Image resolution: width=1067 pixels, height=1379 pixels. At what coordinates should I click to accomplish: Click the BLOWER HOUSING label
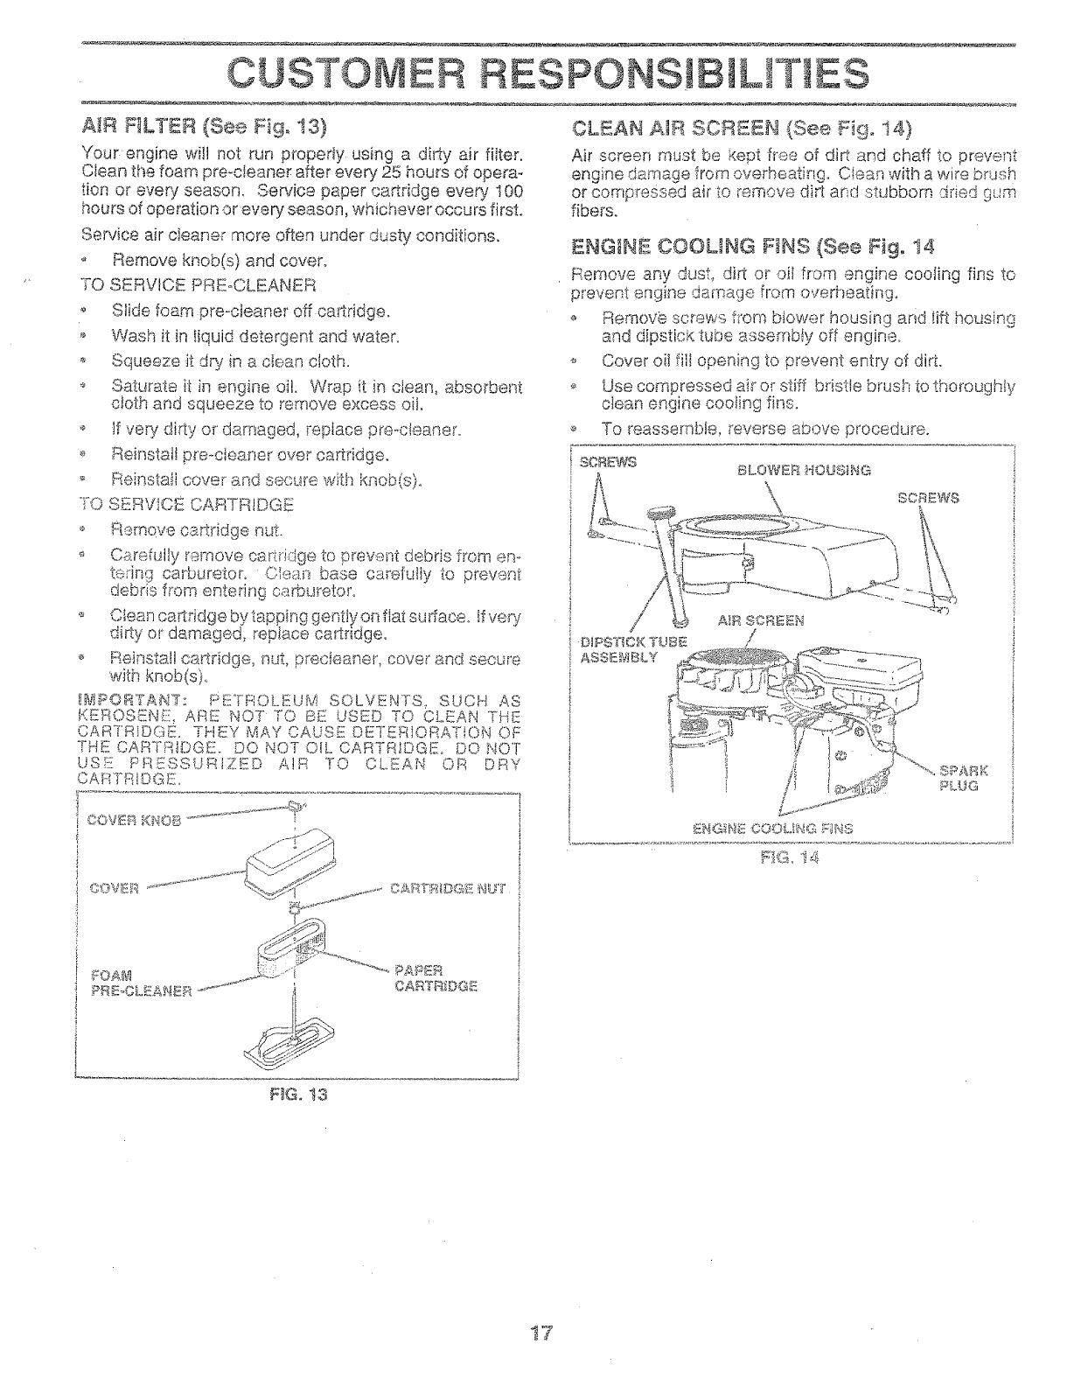[804, 470]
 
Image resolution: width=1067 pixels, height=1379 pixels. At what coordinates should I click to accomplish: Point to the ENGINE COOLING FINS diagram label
[772, 828]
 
